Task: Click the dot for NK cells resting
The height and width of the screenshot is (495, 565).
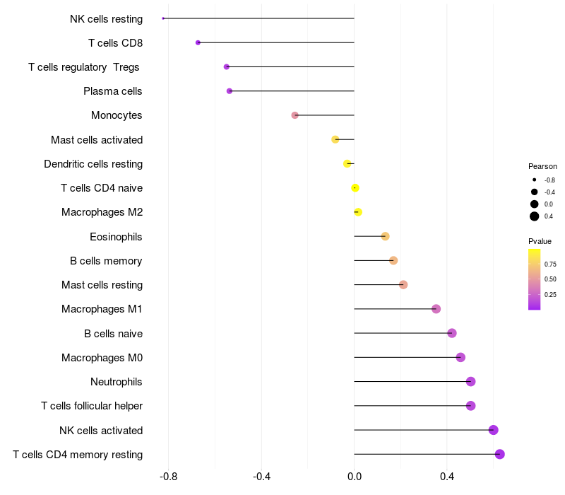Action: tap(163, 18)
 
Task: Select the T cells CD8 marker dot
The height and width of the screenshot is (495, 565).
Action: tap(198, 42)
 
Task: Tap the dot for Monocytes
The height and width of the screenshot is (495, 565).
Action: tap(295, 115)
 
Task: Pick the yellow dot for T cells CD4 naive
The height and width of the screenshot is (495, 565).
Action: tap(355, 188)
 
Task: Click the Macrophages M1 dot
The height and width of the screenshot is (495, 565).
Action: tap(436, 309)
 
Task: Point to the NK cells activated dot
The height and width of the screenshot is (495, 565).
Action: tap(493, 430)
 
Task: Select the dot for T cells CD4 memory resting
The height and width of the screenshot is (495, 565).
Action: tap(499, 454)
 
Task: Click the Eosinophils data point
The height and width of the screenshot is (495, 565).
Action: tap(385, 236)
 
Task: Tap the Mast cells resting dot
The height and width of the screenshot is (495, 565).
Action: tap(403, 285)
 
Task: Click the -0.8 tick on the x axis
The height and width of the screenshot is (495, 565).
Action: tap(168, 477)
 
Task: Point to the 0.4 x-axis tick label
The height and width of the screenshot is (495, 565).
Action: tap(447, 477)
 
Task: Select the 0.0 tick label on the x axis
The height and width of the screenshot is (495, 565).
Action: tap(355, 477)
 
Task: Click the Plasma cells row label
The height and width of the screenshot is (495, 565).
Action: tap(113, 91)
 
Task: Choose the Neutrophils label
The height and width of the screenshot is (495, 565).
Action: tap(117, 382)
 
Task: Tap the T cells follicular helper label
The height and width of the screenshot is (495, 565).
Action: tap(92, 406)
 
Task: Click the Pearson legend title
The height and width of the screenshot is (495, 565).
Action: tap(542, 166)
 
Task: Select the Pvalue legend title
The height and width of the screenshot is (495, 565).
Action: tap(540, 241)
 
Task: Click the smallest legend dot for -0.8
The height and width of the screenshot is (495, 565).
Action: tap(535, 180)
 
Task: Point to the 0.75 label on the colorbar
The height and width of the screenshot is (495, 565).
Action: tap(550, 264)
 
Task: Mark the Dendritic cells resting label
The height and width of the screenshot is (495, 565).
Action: tap(93, 164)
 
